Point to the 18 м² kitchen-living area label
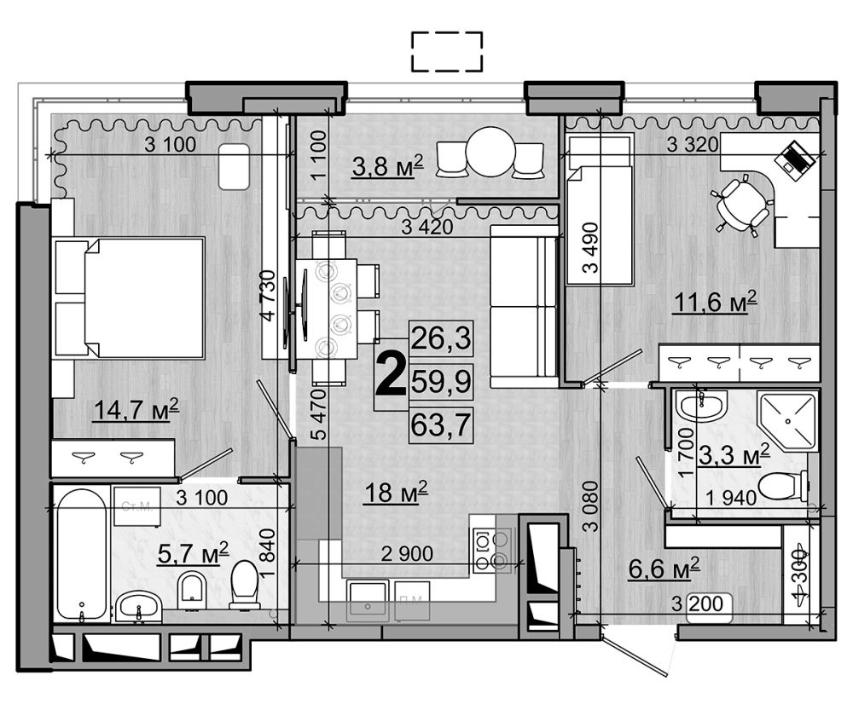click(x=395, y=493)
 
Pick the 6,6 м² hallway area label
click(x=664, y=567)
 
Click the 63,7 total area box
click(x=441, y=424)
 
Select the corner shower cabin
click(x=787, y=424)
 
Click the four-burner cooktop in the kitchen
click(x=492, y=550)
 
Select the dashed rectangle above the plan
click(x=446, y=52)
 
